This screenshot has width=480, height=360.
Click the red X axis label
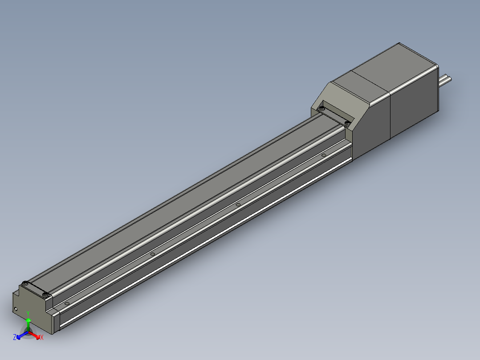pos(41,338)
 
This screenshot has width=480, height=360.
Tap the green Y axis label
pos(28,313)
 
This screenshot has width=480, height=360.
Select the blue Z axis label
pos(15,337)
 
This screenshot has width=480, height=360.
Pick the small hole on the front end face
pos(16,308)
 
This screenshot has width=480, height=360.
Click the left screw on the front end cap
pos(26,283)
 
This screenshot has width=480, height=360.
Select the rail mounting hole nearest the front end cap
pos(67,303)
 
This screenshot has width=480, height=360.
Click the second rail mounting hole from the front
pos(153,254)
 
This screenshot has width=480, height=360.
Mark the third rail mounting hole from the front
pos(238,205)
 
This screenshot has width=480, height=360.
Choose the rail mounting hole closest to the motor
pos(324,155)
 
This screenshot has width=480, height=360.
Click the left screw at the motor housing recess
pos(321,108)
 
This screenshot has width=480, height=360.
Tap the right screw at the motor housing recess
pos(347,123)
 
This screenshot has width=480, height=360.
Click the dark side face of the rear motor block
pos(414,107)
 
